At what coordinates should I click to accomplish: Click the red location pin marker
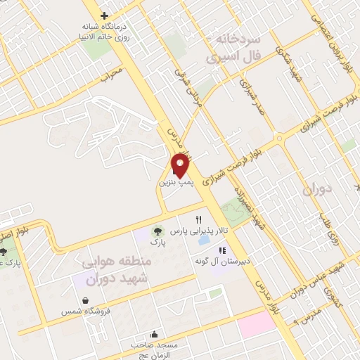[x=181, y=165]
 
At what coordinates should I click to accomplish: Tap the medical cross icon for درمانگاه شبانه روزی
[x=105, y=15]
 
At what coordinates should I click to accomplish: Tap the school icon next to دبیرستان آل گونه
[x=222, y=250]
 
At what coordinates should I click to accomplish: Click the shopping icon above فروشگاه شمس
[x=85, y=300]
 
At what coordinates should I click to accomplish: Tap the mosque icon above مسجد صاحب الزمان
[x=154, y=334]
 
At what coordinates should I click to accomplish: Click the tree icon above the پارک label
[x=157, y=231]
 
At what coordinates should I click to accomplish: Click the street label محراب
[x=112, y=73]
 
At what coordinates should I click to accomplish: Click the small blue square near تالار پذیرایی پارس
[x=204, y=240]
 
